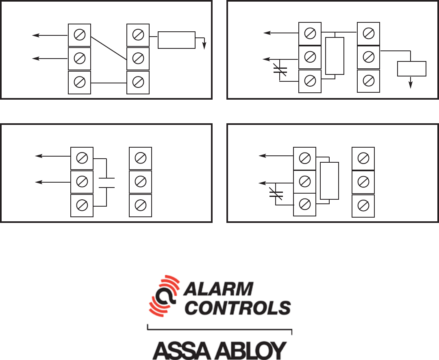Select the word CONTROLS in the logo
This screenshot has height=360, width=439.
[239, 308]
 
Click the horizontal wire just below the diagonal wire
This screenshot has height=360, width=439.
[109, 83]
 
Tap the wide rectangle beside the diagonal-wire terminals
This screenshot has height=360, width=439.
[176, 40]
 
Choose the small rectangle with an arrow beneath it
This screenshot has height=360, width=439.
[411, 69]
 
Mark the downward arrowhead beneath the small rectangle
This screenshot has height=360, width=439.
[411, 85]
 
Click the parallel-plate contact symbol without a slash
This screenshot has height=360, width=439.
[106, 183]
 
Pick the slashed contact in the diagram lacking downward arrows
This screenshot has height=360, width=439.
[276, 194]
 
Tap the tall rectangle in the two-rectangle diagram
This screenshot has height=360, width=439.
[335, 56]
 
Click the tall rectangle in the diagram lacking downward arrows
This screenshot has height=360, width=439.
[329, 181]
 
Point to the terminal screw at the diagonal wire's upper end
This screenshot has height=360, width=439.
[80, 35]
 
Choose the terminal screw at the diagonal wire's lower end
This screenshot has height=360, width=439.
[138, 59]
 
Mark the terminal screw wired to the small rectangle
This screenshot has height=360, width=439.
[368, 57]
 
